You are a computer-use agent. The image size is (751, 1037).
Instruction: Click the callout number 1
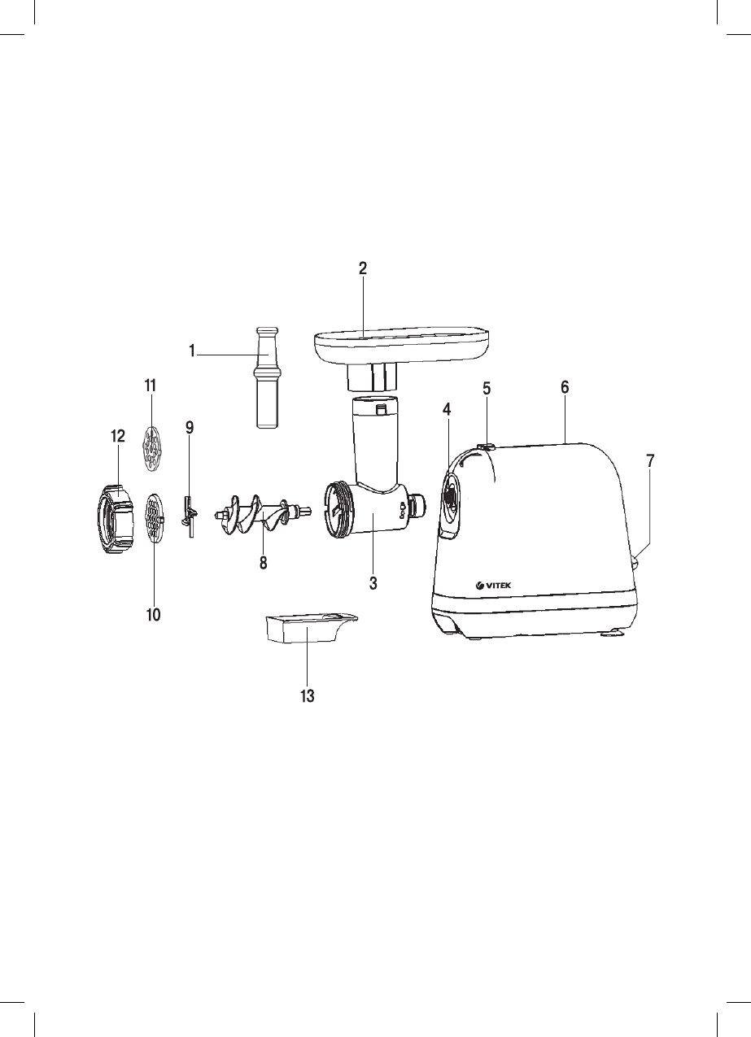tap(192, 351)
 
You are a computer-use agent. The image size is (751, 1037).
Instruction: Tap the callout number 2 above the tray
tap(363, 268)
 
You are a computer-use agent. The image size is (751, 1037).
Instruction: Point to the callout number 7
tap(651, 460)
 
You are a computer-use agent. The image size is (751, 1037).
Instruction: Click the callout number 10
tap(153, 615)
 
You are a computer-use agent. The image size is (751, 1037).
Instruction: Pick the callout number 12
tap(118, 436)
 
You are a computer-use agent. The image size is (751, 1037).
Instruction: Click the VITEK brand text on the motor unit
tap(498, 586)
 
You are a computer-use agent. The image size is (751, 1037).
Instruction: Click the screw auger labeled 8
tap(262, 513)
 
